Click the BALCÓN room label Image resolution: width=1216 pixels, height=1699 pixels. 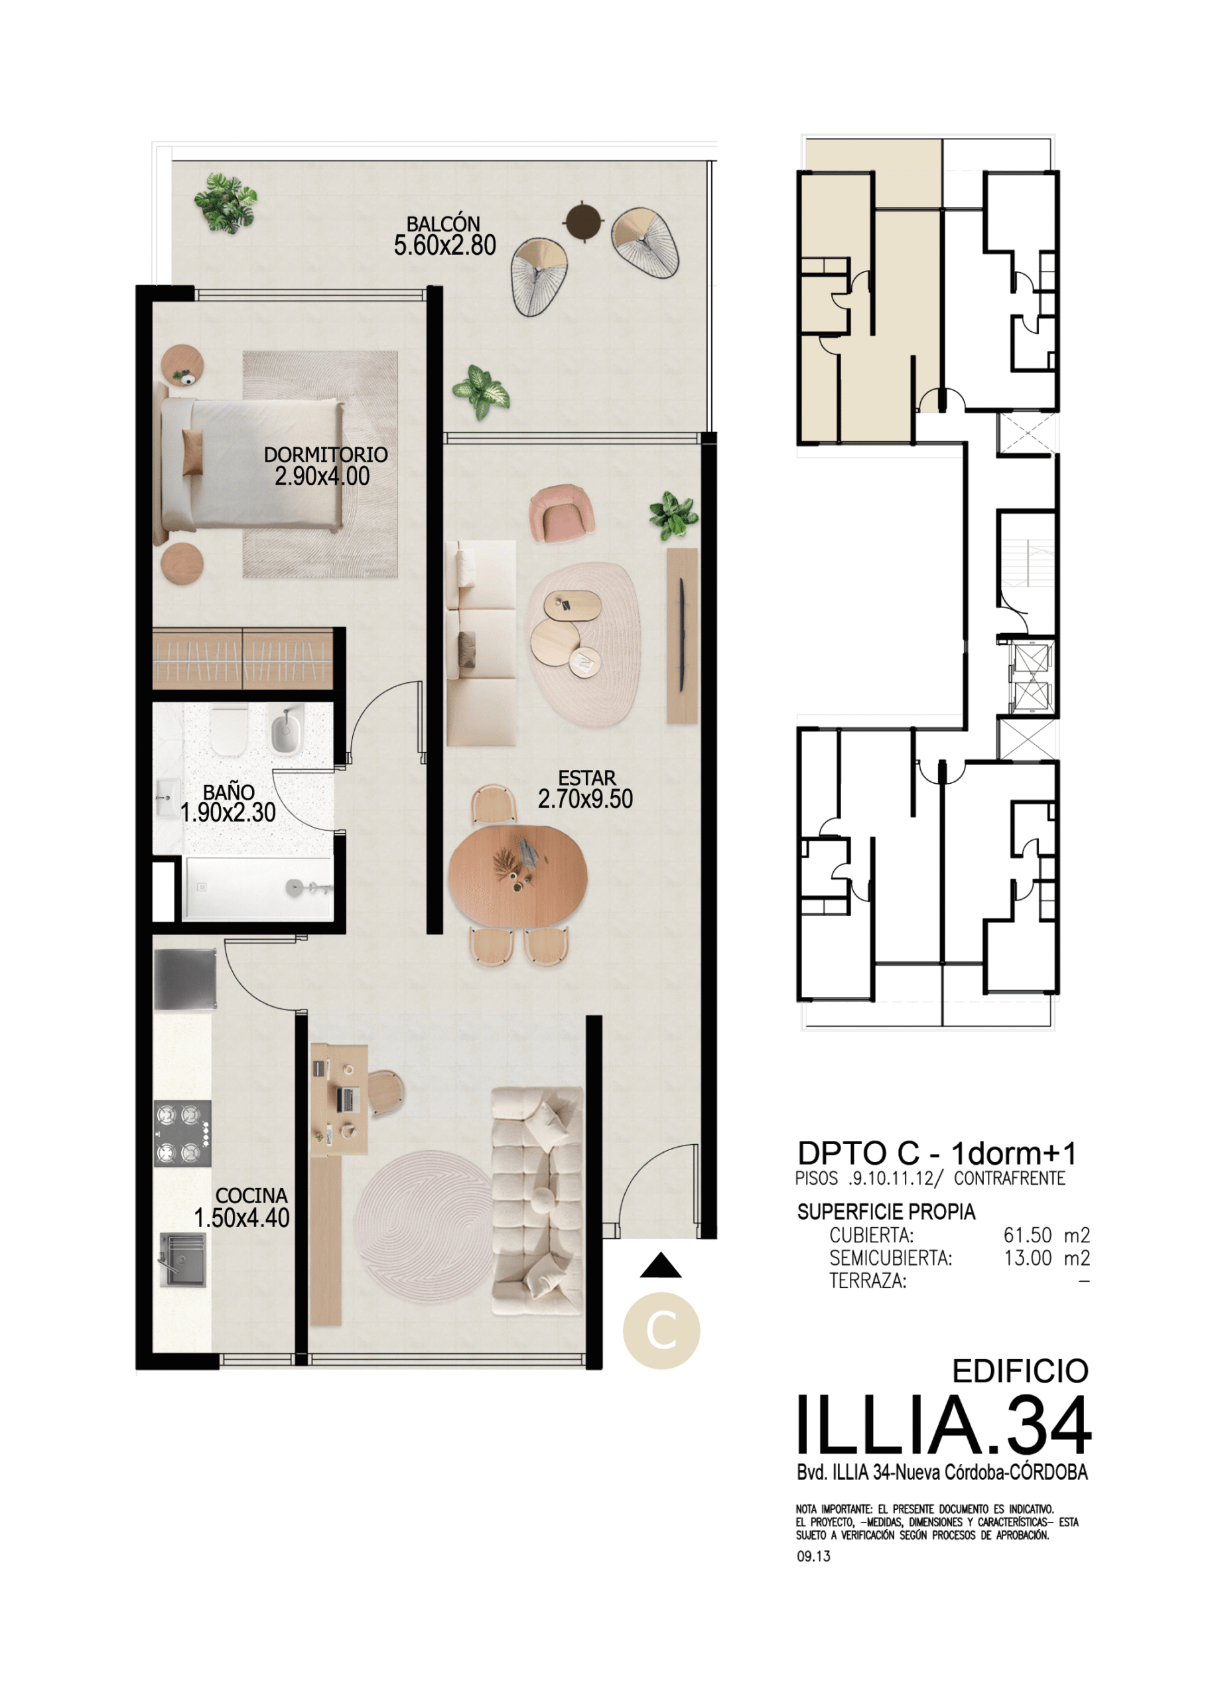(443, 223)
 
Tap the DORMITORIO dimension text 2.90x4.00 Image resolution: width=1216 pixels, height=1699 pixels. (322, 476)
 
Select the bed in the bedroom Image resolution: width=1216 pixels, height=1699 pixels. (249, 465)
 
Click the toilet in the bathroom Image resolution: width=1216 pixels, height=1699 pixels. (228, 731)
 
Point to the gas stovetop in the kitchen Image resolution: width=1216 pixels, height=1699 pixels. (182, 1134)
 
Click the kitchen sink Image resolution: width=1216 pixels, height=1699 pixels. (182, 1261)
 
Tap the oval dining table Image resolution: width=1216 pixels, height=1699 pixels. (517, 875)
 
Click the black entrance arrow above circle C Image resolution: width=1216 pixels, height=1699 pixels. (661, 1265)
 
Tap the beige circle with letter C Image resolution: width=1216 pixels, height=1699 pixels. (661, 1331)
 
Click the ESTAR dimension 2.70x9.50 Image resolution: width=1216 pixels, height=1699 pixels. (586, 799)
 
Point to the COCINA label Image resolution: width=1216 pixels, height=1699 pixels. (251, 1195)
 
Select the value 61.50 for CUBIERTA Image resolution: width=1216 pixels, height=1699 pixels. (1028, 1234)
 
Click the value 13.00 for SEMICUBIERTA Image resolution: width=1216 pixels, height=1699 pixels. (1028, 1258)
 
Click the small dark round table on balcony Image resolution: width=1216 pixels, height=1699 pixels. (583, 221)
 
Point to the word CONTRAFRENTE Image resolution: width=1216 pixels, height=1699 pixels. (1009, 1179)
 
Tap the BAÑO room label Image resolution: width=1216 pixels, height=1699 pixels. (228, 791)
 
